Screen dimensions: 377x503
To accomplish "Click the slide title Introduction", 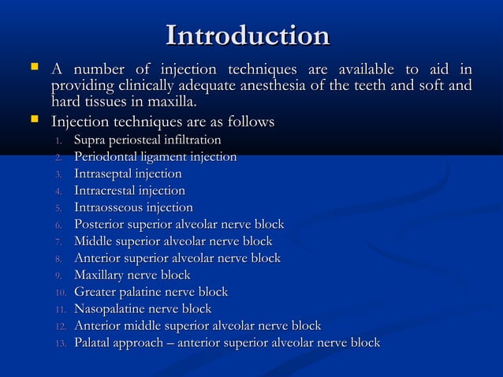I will click(248, 35).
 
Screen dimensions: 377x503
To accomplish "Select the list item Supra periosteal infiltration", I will click(147, 140).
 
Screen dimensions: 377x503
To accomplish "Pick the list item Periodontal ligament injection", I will click(155, 157).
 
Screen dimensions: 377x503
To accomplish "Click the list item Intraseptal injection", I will click(128, 174).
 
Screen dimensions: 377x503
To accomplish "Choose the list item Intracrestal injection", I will click(129, 191).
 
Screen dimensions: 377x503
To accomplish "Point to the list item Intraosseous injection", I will click(133, 207).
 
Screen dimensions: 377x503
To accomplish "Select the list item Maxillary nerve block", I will click(132, 275).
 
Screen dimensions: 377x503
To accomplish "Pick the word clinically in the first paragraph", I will click(143, 86).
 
